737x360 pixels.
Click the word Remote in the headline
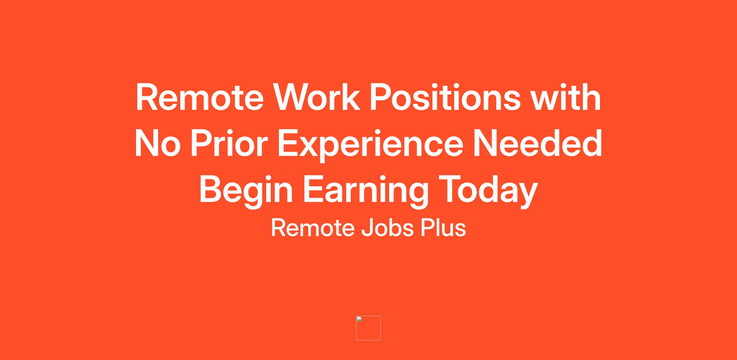pos(200,97)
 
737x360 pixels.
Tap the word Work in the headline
pos(317,97)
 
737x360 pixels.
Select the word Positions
pos(445,97)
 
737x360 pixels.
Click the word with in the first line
pos(566,97)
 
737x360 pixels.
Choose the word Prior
pos(229,143)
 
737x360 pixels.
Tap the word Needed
pos(537,143)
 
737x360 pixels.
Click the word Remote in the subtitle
pos(313,228)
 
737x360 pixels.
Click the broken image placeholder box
pos(368,328)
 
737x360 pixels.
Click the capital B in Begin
pos(211,189)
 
